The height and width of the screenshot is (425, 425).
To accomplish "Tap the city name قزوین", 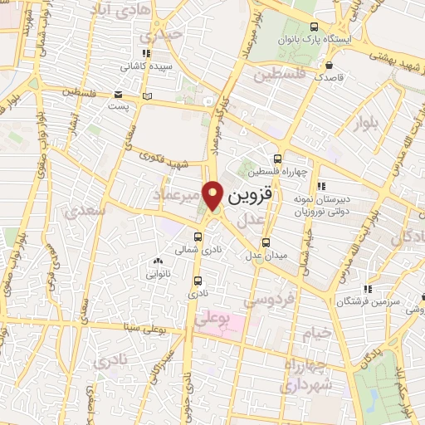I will tap(247, 197).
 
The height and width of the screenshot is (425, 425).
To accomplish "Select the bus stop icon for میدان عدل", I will tap(266, 242).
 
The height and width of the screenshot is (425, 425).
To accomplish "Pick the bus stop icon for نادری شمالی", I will tap(197, 237).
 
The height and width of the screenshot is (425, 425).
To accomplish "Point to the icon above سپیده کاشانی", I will tap(147, 54).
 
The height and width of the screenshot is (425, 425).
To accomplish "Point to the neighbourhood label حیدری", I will tap(160, 37).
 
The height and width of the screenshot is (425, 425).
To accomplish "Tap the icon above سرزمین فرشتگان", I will tap(366, 289).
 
